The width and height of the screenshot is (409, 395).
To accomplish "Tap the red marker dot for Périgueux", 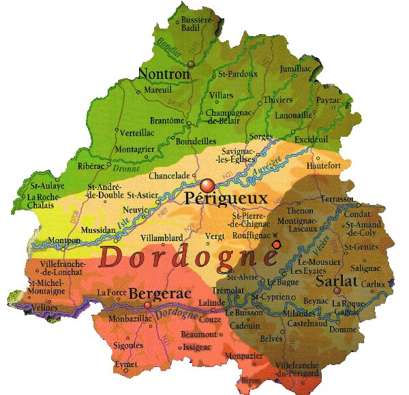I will click(208, 185).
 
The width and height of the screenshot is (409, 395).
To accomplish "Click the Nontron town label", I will click(164, 73).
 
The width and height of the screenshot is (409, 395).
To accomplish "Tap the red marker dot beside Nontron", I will click(192, 63).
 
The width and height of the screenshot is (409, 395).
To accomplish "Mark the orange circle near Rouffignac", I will click(276, 244).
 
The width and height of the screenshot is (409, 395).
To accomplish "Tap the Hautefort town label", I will click(324, 165).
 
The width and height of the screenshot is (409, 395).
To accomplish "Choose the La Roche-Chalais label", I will click(40, 202).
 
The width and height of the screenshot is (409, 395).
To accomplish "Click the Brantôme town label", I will click(167, 121).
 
